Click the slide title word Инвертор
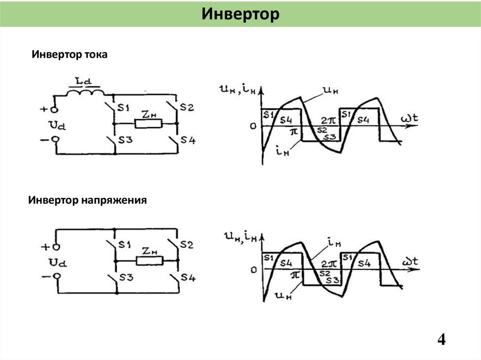[240, 14]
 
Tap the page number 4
[441, 339]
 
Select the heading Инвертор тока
[70, 55]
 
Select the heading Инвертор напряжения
[87, 201]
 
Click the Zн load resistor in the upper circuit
[148, 124]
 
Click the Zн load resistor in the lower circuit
[149, 260]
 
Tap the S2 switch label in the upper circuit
[186, 108]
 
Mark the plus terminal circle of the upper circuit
[54, 110]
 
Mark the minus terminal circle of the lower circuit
[56, 276]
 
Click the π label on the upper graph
[294, 133]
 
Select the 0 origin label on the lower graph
[254, 270]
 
